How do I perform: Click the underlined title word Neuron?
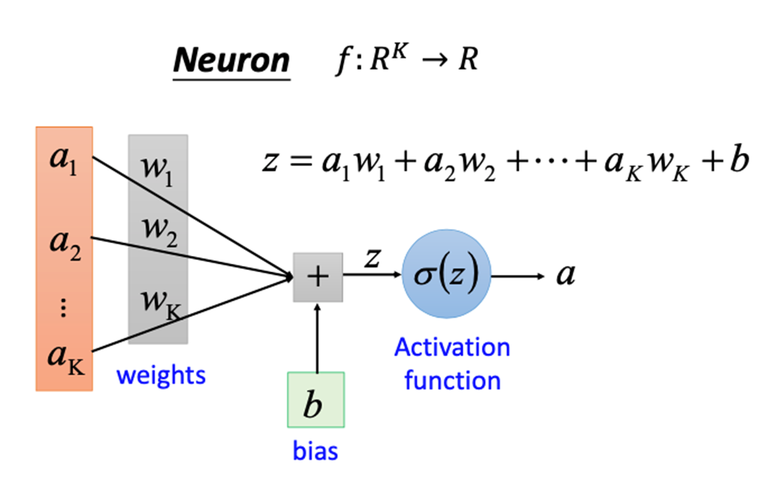pos(231,61)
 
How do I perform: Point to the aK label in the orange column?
pos(64,356)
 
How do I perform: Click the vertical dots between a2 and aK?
pos(63,307)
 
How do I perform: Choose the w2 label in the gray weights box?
pos(157,231)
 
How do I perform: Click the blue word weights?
pos(161,374)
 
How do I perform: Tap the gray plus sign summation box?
pos(318,277)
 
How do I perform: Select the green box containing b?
pos(315,400)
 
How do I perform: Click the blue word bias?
pos(315,451)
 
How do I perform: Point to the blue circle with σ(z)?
pos(447,275)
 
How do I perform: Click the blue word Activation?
pos(452,348)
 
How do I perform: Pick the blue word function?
pos(453,380)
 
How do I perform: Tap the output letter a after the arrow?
pos(566,275)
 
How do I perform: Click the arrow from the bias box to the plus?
pos(318,338)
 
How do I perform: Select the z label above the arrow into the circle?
pos(371,258)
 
